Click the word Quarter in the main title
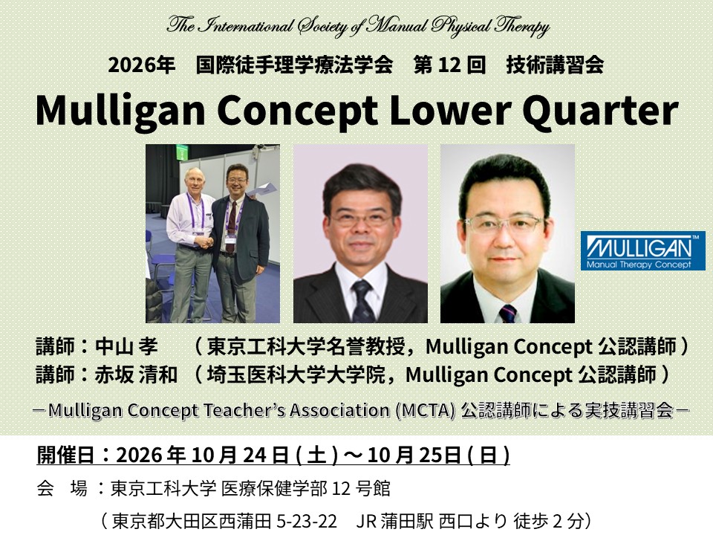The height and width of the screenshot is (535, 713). click(x=600, y=110)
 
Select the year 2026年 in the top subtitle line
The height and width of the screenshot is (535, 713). click(x=141, y=65)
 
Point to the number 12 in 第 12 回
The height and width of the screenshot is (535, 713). click(x=450, y=65)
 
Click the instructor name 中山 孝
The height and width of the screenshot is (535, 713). click(x=126, y=347)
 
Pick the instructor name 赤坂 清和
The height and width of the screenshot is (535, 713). click(x=135, y=374)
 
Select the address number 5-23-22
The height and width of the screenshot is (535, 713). click(x=307, y=520)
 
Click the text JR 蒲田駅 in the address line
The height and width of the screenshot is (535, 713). click(x=394, y=520)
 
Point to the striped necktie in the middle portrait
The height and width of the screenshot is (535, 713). click(x=362, y=300)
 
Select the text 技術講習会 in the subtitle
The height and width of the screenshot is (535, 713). click(x=555, y=65)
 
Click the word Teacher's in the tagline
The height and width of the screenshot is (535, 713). click(x=244, y=410)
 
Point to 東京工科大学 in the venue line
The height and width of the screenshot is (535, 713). click(x=163, y=489)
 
